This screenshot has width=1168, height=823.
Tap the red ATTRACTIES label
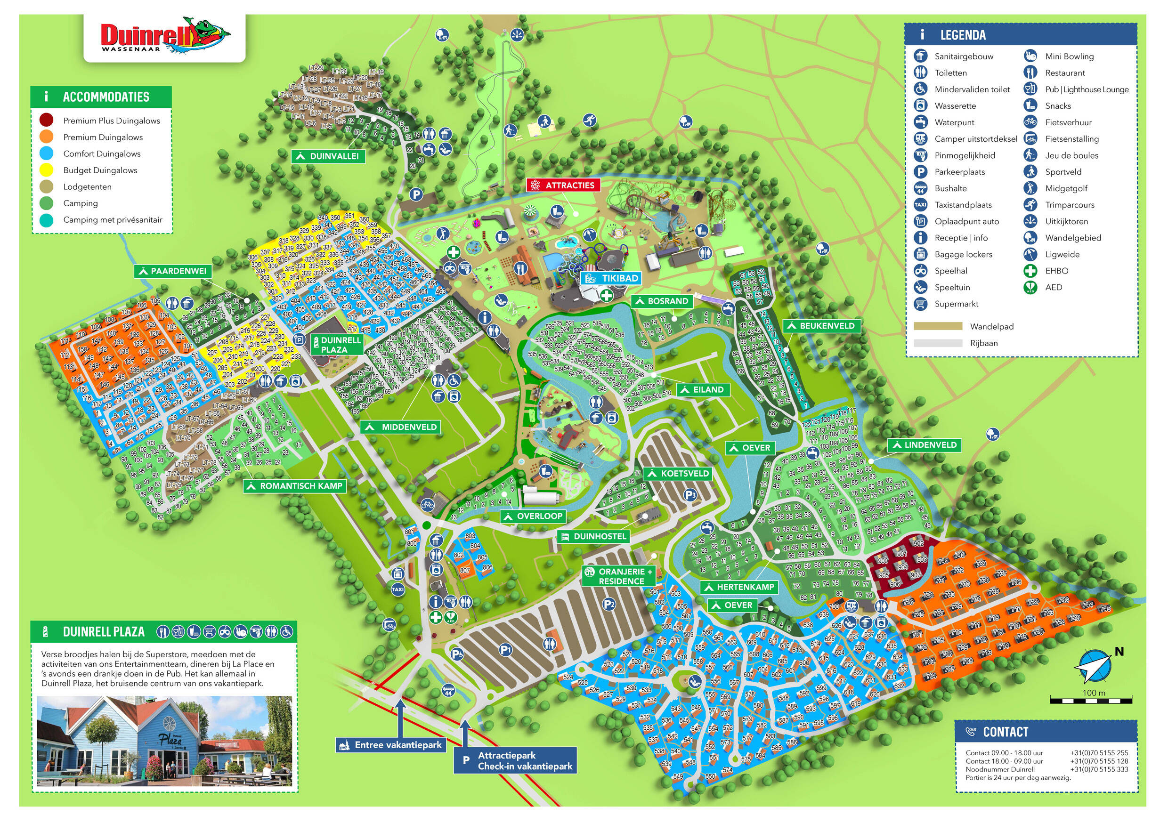[563, 185]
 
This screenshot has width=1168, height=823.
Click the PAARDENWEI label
[173, 271]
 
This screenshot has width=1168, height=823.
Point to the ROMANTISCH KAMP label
[295, 486]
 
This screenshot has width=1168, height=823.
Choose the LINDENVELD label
[925, 445]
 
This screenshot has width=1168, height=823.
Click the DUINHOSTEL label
[594, 536]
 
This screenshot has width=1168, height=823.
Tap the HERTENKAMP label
[739, 587]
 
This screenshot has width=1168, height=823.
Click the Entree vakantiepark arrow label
[392, 745]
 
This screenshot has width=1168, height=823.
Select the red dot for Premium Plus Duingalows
[46, 121]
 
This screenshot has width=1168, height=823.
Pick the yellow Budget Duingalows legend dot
[46, 170]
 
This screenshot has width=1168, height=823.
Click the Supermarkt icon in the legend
[920, 304]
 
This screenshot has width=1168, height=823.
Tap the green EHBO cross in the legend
[1030, 271]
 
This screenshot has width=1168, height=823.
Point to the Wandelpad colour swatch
[938, 327]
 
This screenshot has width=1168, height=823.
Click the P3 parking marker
[690, 494]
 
